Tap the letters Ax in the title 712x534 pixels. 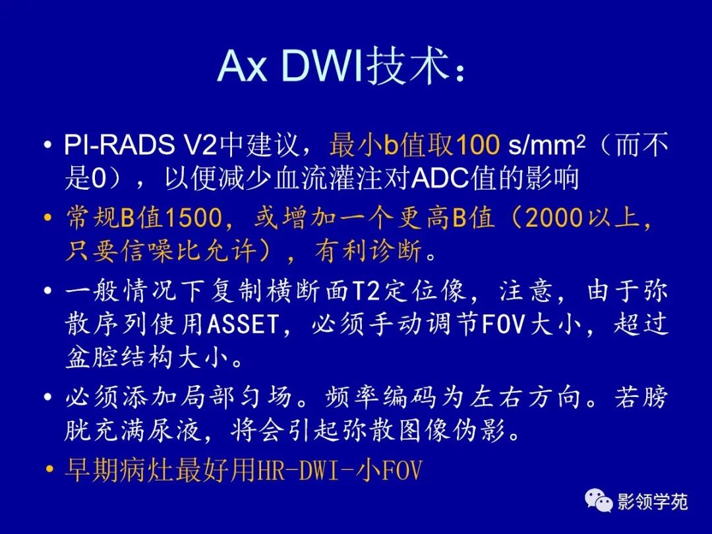tap(242, 67)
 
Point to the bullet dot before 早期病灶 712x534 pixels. tap(48, 471)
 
